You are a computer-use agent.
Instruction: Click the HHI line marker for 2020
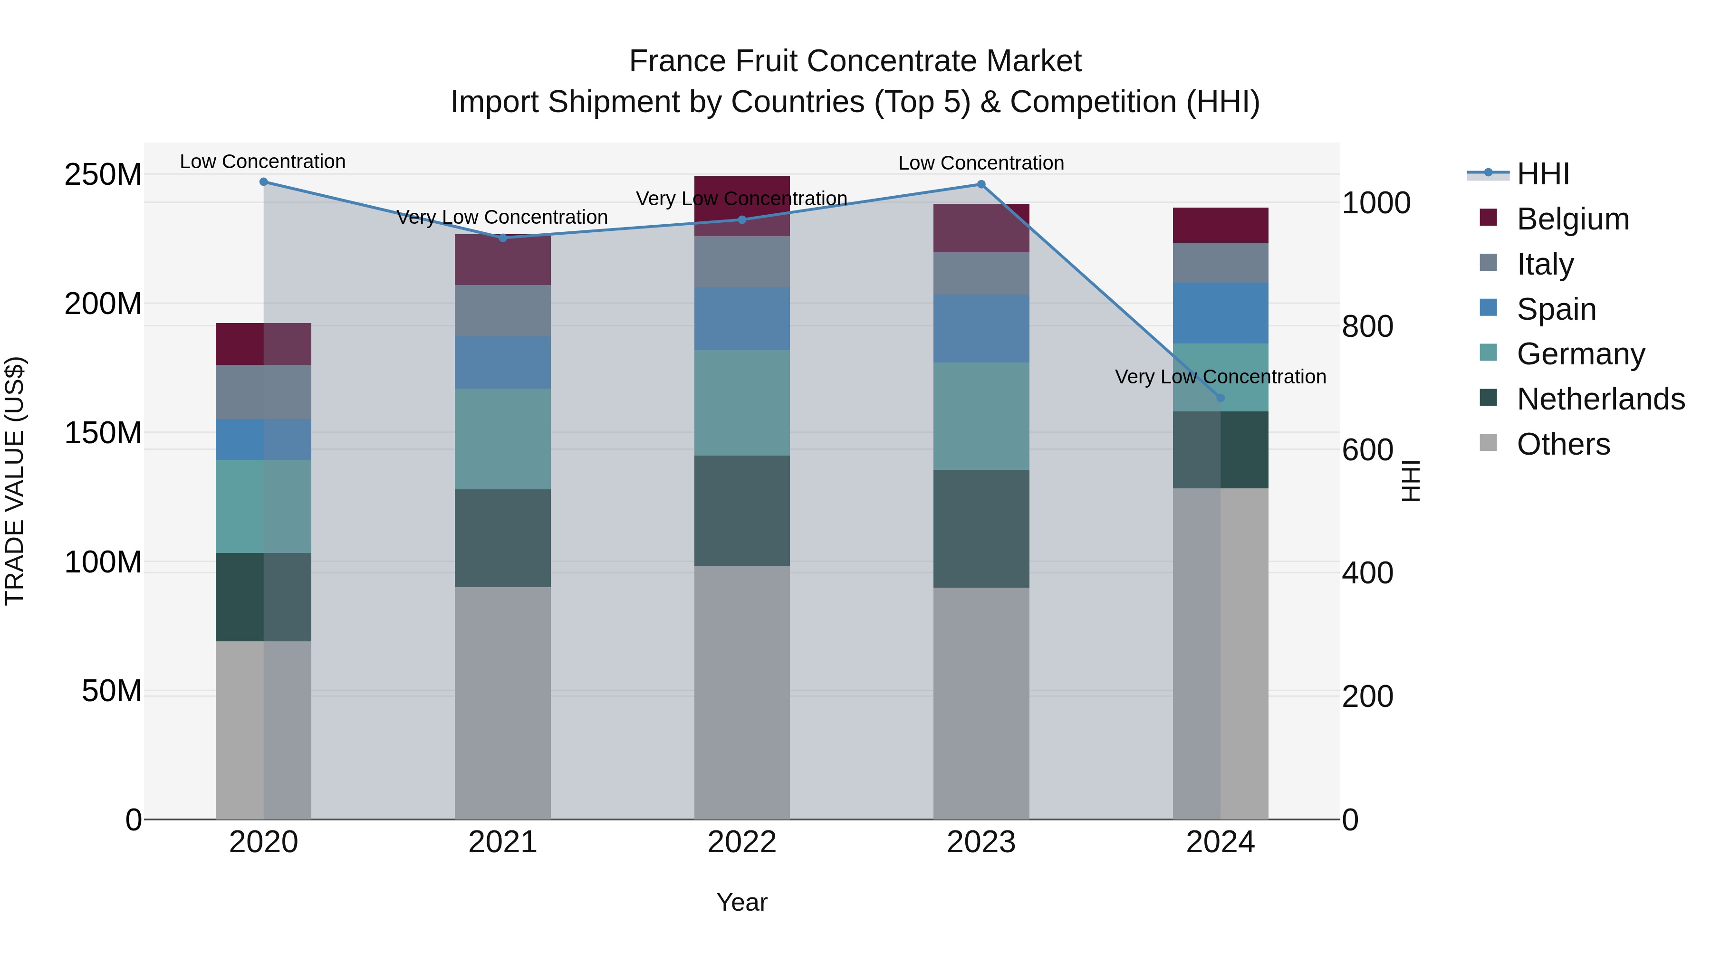[x=264, y=181]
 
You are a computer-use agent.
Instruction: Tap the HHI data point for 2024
[x=1220, y=398]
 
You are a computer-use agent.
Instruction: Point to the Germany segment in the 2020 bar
[x=264, y=506]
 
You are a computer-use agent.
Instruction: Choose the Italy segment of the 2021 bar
[x=503, y=310]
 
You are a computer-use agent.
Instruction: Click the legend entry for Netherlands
[x=1601, y=399]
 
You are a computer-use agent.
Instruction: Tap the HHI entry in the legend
[x=1543, y=174]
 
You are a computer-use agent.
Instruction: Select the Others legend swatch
[x=1489, y=443]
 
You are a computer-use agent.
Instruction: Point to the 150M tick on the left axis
[x=103, y=433]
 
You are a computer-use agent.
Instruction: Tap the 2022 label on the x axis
[x=742, y=842]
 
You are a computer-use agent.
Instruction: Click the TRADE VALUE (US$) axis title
[x=15, y=481]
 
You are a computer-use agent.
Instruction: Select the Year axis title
[x=742, y=902]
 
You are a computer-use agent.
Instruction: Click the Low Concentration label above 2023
[x=981, y=162]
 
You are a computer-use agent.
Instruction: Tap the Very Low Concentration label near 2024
[x=1220, y=376]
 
